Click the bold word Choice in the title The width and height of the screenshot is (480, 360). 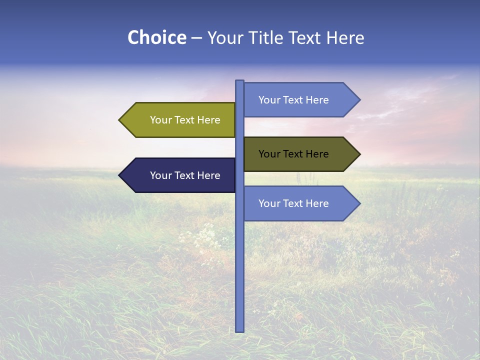[x=156, y=37]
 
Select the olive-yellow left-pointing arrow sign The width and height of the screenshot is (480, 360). [x=180, y=120]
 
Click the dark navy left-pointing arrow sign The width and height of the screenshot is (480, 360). [x=180, y=175]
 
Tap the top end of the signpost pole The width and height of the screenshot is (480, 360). [x=239, y=81]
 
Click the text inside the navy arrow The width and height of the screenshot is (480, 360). [x=185, y=175]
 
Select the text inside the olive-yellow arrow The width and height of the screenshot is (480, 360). [x=185, y=120]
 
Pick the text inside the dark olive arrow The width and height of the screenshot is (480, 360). [x=293, y=154]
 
